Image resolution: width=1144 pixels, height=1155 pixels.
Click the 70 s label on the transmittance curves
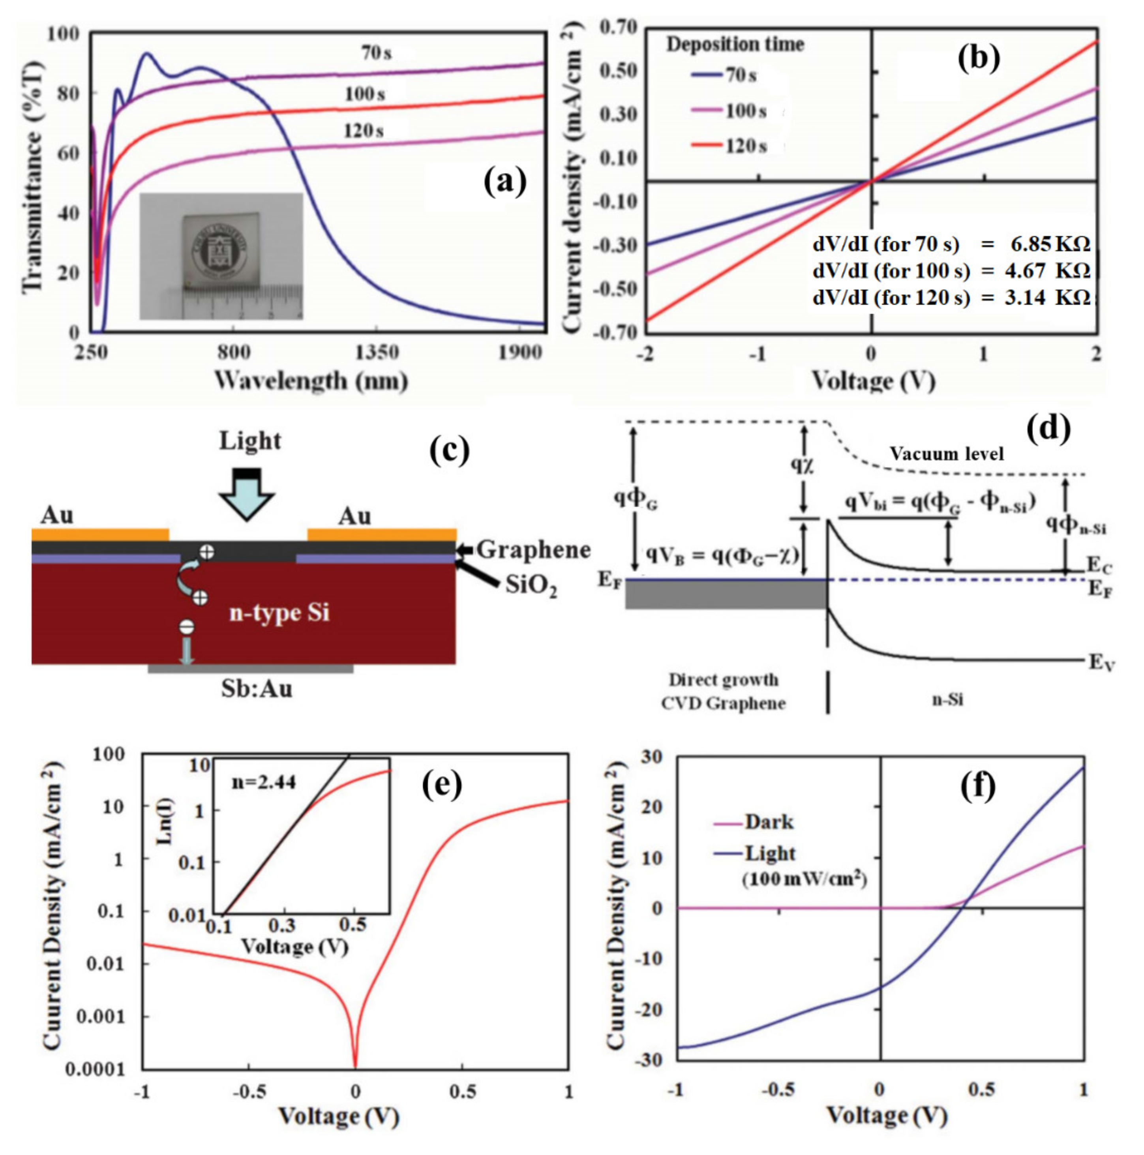click(x=376, y=53)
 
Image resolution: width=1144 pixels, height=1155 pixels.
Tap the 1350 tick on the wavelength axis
click(x=377, y=353)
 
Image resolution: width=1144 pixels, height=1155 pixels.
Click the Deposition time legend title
click(x=735, y=44)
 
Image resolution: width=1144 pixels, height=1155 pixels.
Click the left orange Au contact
click(x=100, y=534)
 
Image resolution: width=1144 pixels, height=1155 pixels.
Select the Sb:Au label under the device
click(x=257, y=689)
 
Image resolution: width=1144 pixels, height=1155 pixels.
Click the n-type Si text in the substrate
click(x=279, y=613)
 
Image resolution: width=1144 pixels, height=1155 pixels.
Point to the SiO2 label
click(x=531, y=586)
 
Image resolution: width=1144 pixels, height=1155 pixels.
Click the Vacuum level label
click(x=946, y=454)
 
